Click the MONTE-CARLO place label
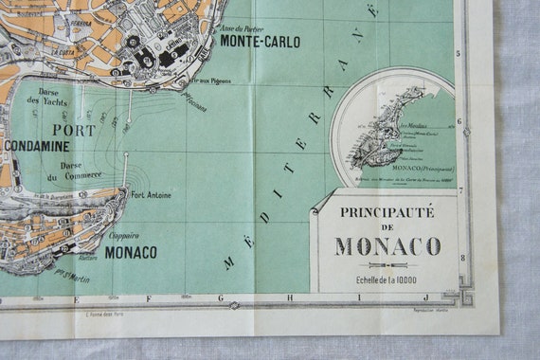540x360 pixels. click(x=260, y=42)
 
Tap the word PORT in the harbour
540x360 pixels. click(x=75, y=130)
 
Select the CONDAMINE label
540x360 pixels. click(x=37, y=146)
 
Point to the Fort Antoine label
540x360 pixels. click(x=152, y=196)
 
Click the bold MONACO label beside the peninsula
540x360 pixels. click(x=131, y=252)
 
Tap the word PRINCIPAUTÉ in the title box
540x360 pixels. click(x=387, y=212)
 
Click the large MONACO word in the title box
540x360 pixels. click(x=387, y=246)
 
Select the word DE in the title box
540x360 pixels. click(x=387, y=228)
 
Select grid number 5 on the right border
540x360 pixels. click(x=459, y=53)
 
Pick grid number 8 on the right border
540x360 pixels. click(x=461, y=258)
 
